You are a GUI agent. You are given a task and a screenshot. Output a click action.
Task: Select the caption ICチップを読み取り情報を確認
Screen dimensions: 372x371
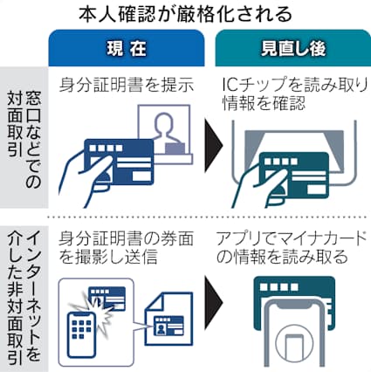pyautogui.click(x=291, y=94)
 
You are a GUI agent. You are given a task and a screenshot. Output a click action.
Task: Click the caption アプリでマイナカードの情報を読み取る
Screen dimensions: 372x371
pyautogui.click(x=291, y=247)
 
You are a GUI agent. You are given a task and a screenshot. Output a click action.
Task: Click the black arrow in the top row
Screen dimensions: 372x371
pyautogui.click(x=210, y=144)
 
